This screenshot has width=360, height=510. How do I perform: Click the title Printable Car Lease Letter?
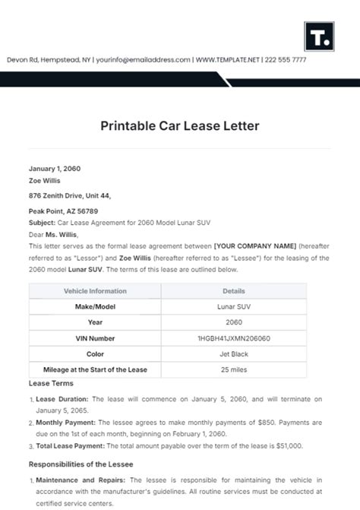coord(179,125)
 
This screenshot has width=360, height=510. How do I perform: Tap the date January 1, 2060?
coord(55,169)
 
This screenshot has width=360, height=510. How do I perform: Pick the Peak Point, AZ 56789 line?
coord(63,211)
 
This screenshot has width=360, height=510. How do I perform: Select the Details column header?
coord(233,291)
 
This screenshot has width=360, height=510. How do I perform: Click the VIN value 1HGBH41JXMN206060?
coord(233,337)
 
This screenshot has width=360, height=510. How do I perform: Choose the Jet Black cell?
coord(233,353)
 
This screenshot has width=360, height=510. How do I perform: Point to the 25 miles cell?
coord(233,369)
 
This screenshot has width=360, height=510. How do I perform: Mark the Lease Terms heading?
coord(50,385)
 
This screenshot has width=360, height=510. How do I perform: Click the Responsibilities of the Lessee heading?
coord(81,464)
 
